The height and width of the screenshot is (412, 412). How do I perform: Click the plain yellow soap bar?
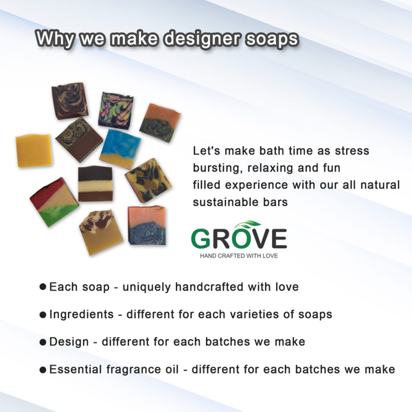[x=34, y=150]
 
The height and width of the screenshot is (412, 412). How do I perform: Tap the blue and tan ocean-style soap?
[x=120, y=149]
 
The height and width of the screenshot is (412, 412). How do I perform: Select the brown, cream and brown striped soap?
[x=95, y=183]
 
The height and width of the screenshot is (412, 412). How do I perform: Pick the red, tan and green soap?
[x=54, y=202]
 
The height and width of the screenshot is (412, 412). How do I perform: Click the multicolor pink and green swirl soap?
[x=117, y=109]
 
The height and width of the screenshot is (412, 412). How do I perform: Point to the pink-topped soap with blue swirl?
[x=147, y=225]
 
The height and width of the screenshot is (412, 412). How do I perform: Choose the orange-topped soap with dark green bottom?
[x=160, y=122]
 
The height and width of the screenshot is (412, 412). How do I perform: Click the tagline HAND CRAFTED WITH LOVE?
[x=239, y=255]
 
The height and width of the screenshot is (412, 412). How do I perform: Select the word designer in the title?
[x=201, y=38]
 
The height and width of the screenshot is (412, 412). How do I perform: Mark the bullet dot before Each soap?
[x=43, y=286]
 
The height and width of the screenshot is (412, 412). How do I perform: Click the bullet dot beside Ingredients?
[x=43, y=314]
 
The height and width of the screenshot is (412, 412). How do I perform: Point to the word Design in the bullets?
[x=69, y=342]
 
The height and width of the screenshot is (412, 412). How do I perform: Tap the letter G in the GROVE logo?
[x=201, y=239]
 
